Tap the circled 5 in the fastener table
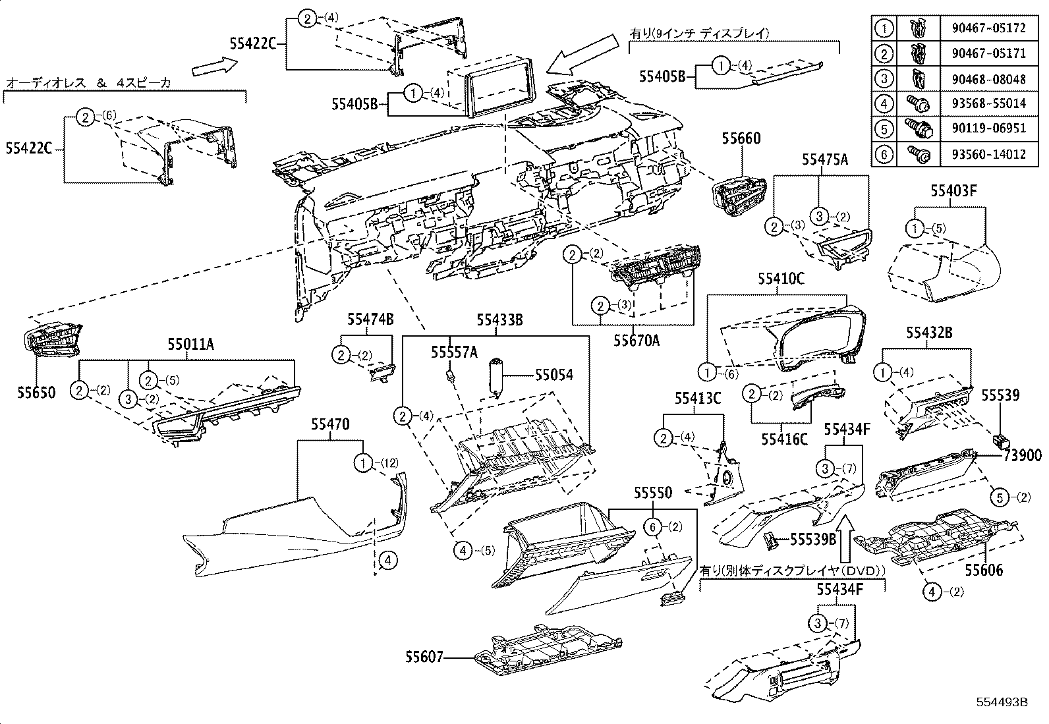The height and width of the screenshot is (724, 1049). point(884,130)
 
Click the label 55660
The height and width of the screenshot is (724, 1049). point(741,139)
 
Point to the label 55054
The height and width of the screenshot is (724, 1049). point(553,375)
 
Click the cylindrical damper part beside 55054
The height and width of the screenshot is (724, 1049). point(496,377)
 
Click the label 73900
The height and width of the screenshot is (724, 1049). point(1023,456)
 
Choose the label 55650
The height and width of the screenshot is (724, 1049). point(37,393)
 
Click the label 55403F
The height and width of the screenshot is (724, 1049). point(953,192)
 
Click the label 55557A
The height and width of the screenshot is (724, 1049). point(454,352)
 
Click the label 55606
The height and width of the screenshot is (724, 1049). point(984,569)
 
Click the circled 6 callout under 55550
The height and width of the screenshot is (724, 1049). point(652,527)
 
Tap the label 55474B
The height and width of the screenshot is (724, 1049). point(370,320)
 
